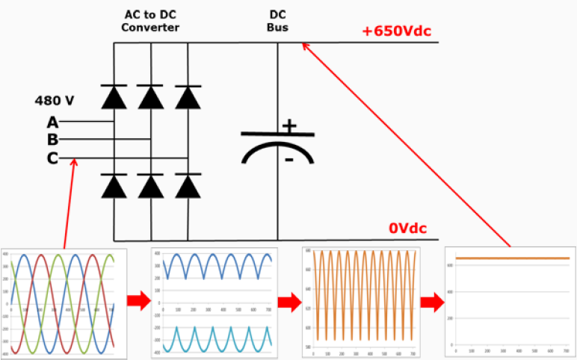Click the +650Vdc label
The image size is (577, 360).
click(x=397, y=31)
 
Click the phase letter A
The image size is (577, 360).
click(x=52, y=122)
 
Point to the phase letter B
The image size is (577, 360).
click(x=52, y=140)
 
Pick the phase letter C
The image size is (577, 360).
click(x=52, y=158)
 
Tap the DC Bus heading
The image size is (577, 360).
click(x=277, y=22)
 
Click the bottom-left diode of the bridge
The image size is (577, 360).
click(x=114, y=185)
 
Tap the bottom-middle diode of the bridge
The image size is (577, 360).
click(x=151, y=185)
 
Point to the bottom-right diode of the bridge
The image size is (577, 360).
click(x=187, y=185)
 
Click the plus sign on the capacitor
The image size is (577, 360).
click(x=288, y=126)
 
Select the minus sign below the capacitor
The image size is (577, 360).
click(x=288, y=159)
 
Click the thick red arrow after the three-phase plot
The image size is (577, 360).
click(x=137, y=302)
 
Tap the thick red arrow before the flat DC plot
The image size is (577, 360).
click(x=431, y=302)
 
